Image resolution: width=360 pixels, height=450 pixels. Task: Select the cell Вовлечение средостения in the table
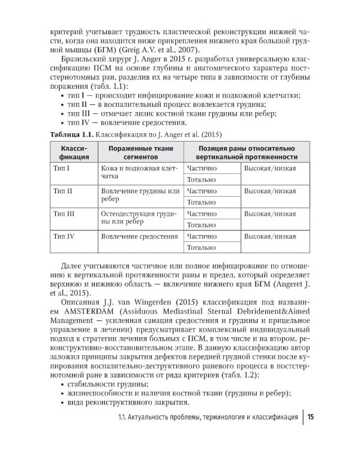pos(139,236)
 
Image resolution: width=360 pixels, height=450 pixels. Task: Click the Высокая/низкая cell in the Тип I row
pos(269,168)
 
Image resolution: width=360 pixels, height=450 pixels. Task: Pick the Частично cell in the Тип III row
pos(202,214)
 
